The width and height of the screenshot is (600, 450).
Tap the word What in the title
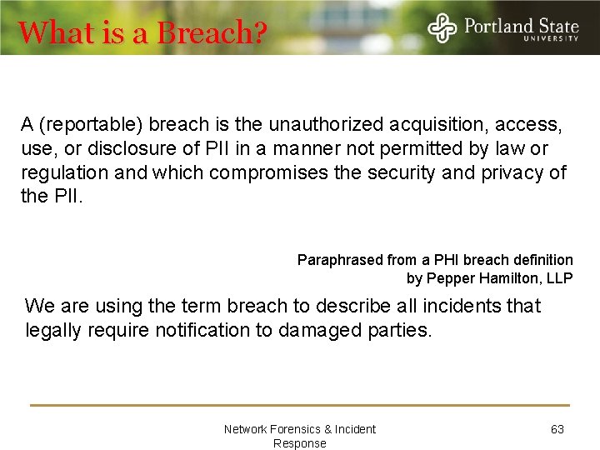point(47,33)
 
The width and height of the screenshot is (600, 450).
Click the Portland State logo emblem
point(442,27)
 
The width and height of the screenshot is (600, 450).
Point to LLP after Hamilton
point(558,278)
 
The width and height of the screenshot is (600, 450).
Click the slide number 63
point(557,429)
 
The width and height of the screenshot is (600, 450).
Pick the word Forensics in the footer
point(292,429)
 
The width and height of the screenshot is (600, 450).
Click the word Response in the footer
point(300,443)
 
